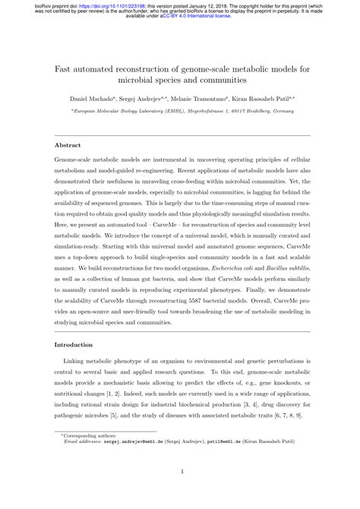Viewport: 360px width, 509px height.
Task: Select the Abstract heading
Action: click(x=68, y=144)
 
